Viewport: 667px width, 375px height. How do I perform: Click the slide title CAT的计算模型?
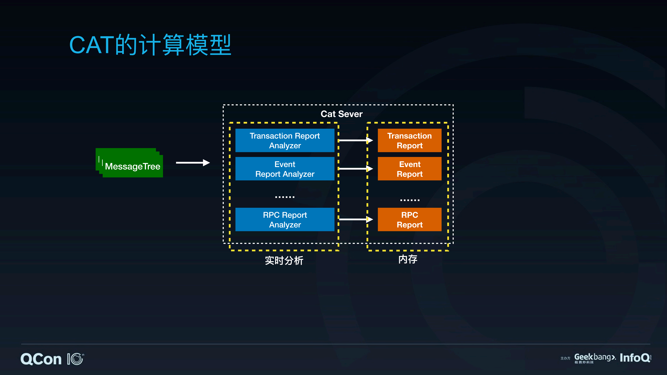coord(150,45)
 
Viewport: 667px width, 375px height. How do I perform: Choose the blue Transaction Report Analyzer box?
coord(285,141)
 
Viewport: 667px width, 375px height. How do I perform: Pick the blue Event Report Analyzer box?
coord(285,169)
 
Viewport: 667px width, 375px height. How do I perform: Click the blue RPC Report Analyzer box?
coord(285,220)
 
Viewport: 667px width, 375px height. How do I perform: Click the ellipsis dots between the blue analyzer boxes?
coord(285,197)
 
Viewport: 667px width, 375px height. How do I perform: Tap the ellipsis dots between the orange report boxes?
coord(410,200)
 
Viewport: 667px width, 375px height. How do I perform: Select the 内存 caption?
coord(408,259)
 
